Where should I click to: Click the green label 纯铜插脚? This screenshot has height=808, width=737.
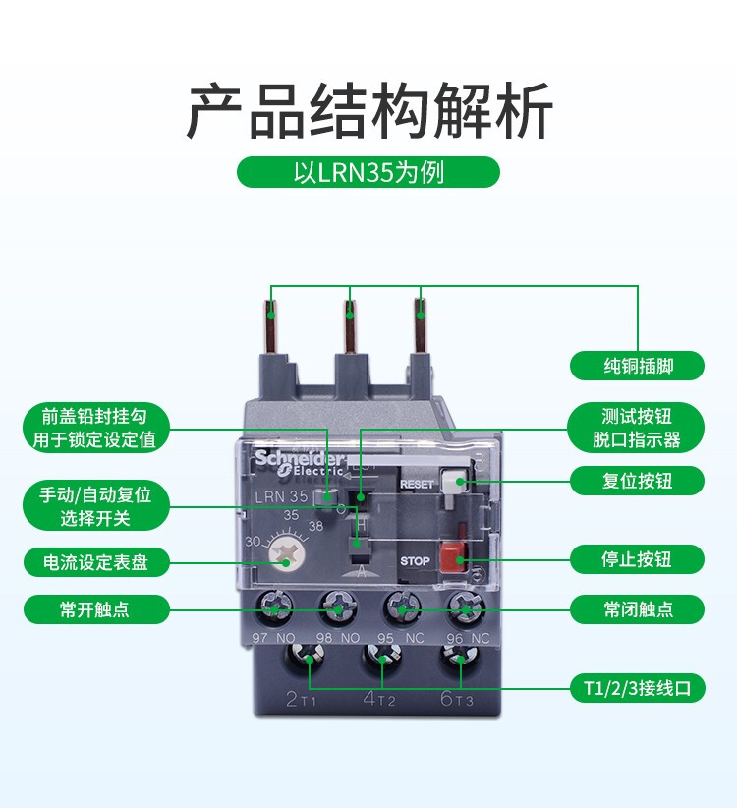637,366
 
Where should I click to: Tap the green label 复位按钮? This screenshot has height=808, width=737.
637,481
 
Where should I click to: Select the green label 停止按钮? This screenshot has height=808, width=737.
637,559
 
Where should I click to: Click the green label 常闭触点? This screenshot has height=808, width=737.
637,609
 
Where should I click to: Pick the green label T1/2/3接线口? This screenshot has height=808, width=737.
637,688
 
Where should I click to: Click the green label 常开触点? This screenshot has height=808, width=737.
96,609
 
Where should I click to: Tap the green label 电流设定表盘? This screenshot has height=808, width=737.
96,561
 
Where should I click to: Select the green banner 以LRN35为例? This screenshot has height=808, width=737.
368,172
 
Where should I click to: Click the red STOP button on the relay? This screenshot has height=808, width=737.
452,556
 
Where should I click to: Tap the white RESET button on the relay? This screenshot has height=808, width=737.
453,480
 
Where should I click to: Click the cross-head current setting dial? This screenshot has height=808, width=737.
286,555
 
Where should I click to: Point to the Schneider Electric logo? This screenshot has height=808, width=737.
299,462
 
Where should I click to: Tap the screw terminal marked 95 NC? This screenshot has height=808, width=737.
403,607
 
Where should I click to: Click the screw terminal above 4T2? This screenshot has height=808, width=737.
381,658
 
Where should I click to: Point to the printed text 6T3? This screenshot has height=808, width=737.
456,698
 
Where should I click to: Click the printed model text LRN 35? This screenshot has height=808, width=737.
281,496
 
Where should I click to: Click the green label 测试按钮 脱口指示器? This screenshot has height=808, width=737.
637,428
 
